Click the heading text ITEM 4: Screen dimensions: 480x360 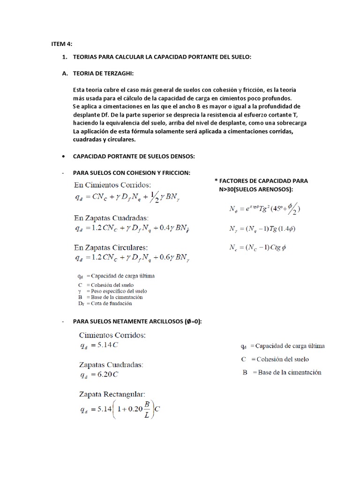click(61, 44)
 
